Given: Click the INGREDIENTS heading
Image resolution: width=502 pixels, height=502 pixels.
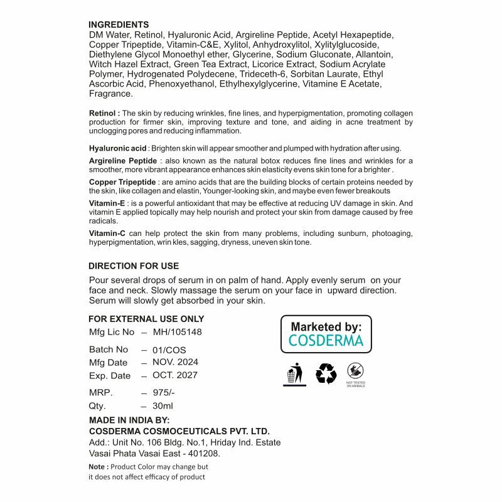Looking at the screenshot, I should [119, 24].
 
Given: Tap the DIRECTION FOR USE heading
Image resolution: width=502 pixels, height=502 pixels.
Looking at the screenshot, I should [134, 266].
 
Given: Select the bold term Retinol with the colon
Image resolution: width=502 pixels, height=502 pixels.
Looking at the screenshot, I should [105, 113].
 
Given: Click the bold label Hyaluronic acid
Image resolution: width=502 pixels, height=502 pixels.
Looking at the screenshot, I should [118, 148].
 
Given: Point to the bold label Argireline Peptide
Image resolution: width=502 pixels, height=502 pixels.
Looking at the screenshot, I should [122, 161].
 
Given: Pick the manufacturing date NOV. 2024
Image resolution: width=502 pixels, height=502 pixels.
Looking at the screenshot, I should [175, 362].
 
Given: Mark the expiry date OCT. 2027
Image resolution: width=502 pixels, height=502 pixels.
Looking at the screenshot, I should [175, 375].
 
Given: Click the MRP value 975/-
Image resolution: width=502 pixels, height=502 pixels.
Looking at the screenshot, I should [164, 393].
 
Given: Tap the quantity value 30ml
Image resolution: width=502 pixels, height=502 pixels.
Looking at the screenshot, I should [163, 406].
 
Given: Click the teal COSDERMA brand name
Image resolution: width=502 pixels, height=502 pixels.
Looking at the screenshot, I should [326, 341].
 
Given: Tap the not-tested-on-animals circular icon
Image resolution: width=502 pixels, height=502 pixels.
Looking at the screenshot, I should [356, 371].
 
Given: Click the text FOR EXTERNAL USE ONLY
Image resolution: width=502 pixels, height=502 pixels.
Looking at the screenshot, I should [146, 319].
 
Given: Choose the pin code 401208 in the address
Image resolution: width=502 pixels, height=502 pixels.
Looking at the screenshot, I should [205, 453].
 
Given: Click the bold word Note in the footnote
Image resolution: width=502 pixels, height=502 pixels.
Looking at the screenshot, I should [97, 467].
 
